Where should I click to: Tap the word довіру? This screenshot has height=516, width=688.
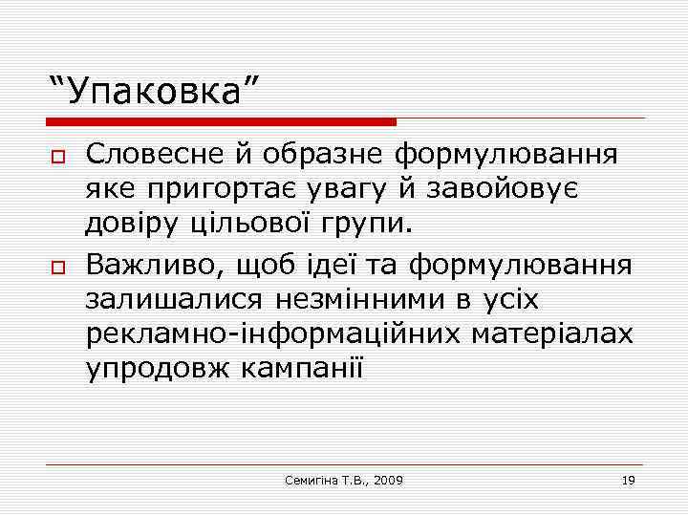click(132, 226)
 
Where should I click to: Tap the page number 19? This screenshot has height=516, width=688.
click(628, 480)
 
